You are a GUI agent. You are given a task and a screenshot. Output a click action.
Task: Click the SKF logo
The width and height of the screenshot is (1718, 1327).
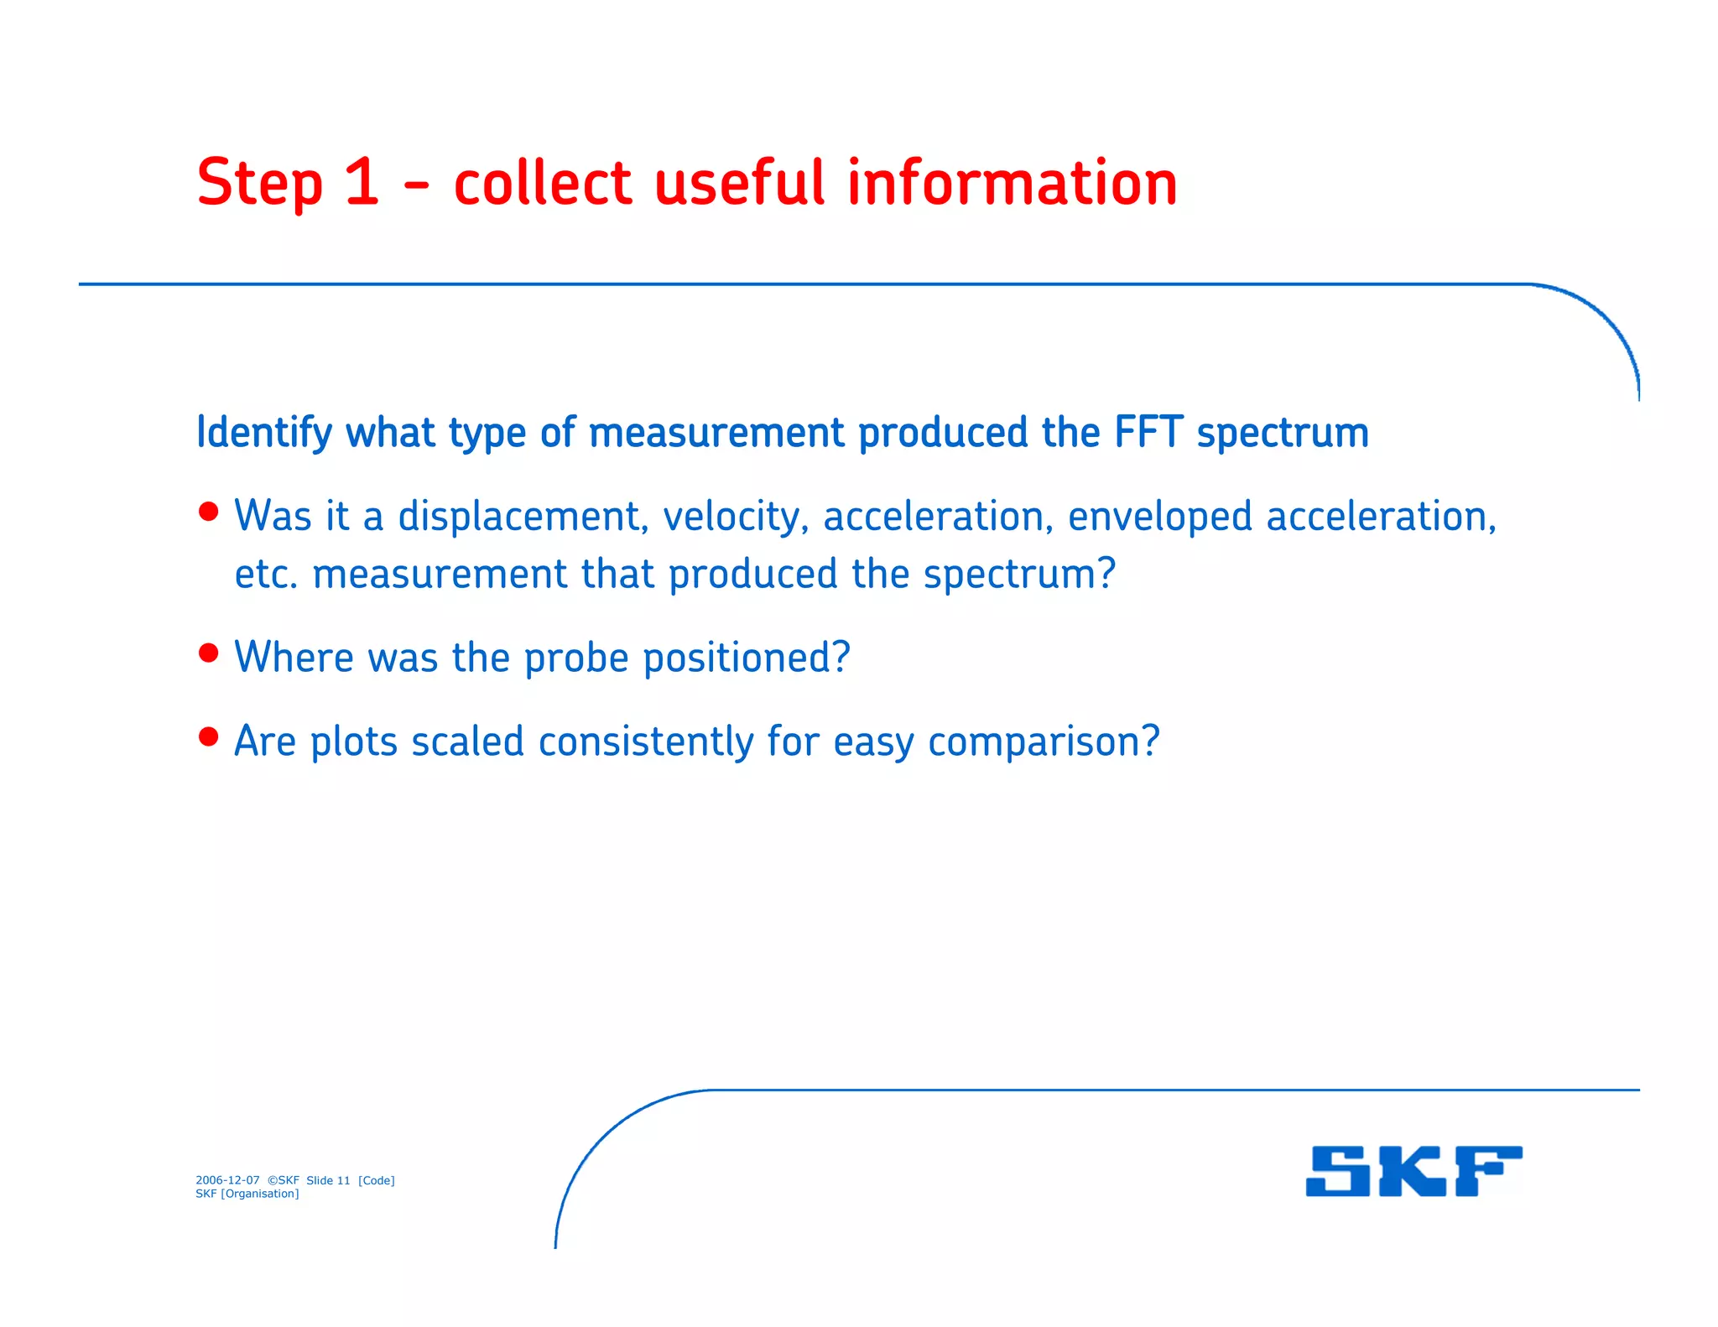[x=1413, y=1171]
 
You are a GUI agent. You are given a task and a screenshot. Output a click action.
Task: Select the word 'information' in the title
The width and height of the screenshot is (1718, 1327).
[x=1012, y=183]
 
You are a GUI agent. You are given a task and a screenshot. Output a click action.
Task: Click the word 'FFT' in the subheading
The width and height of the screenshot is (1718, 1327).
[x=1148, y=433]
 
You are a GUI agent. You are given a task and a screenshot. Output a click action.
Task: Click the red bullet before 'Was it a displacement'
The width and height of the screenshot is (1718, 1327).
[x=209, y=512]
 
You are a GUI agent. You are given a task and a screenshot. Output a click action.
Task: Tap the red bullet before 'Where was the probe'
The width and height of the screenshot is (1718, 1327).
[x=209, y=653]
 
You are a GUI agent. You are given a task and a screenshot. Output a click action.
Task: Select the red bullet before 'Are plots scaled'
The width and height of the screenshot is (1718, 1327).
[x=209, y=736]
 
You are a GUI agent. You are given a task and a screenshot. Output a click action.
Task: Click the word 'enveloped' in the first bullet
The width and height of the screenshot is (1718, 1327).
[x=1159, y=517]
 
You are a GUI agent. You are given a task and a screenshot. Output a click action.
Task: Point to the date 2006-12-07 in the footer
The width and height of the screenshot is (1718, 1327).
[x=227, y=1180]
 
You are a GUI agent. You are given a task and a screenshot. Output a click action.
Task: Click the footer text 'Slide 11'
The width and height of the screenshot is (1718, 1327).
[x=328, y=1180]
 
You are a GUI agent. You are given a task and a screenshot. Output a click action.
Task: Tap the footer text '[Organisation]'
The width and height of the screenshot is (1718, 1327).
[x=259, y=1194]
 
